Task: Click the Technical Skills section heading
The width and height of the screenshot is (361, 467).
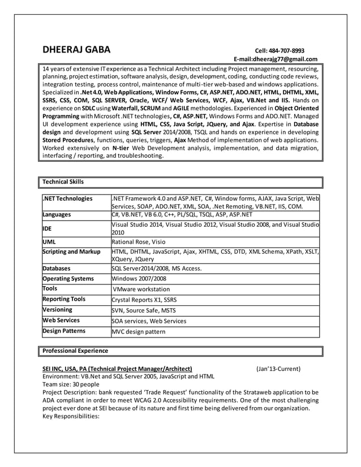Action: point(63,182)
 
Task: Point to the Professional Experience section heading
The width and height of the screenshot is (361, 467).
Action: point(76,351)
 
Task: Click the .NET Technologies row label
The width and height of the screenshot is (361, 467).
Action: point(67,198)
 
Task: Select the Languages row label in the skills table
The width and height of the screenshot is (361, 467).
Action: point(57,215)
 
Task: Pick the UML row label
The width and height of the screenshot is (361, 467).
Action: point(50,241)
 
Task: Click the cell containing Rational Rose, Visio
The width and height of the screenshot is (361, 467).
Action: point(137,241)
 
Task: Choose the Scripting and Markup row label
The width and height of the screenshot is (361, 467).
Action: point(71,252)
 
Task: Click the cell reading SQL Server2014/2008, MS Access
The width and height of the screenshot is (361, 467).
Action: point(156,269)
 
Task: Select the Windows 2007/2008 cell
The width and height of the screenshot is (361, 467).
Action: point(139,279)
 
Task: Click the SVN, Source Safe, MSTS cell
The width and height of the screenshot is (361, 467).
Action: point(144,310)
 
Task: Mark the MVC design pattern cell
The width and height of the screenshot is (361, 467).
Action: point(138,332)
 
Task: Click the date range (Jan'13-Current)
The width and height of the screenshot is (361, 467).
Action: point(278,369)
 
